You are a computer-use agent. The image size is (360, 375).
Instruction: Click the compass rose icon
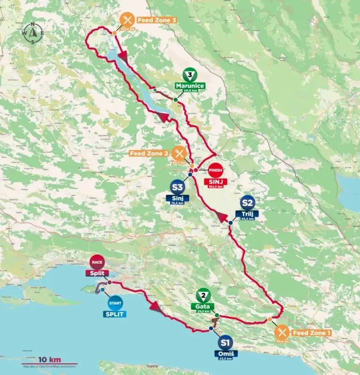(32, 32)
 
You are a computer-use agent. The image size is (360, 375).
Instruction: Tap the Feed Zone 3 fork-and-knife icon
(126, 20)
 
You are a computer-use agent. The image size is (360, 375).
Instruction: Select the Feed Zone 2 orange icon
(178, 153)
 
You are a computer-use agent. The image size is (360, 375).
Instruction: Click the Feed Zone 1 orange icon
(281, 332)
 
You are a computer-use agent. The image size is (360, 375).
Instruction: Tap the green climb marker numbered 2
(204, 296)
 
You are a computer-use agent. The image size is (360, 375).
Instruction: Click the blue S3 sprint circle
(176, 188)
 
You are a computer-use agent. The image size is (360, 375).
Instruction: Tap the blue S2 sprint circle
(248, 203)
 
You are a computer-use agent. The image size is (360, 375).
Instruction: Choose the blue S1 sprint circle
(226, 342)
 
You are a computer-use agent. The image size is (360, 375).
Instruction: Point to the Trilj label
(248, 214)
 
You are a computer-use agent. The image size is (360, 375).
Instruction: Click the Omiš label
(226, 353)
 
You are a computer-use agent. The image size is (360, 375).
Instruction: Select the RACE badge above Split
(97, 262)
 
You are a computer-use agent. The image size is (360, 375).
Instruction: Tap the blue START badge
(115, 303)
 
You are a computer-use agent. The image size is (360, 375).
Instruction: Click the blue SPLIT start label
(115, 314)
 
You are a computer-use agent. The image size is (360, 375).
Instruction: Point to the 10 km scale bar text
(50, 360)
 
